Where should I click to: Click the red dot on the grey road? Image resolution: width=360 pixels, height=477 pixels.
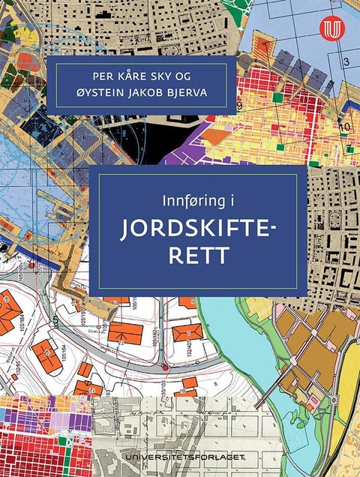click(x=163, y=367)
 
